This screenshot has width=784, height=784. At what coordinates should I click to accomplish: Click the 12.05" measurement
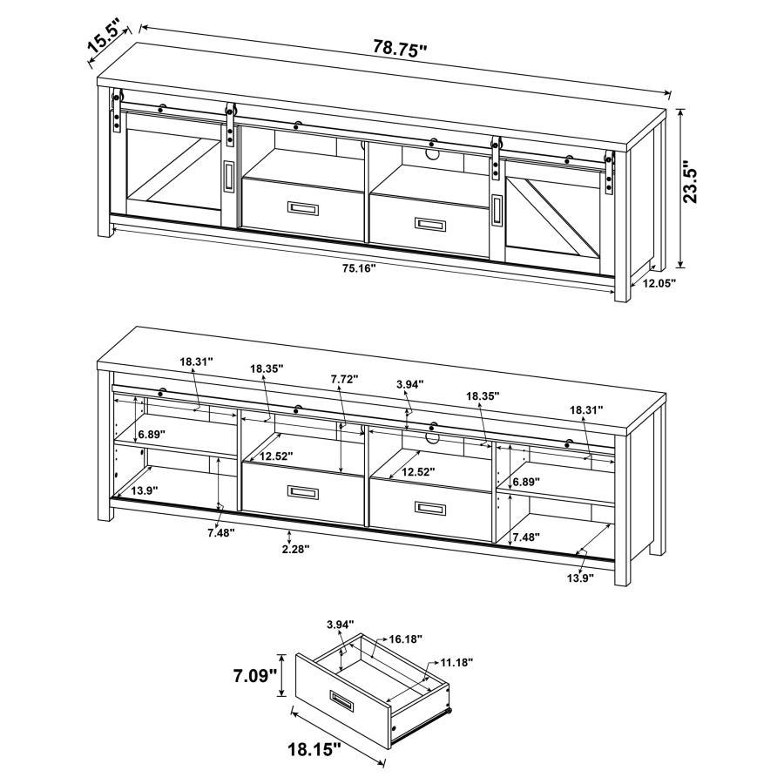coord(659,283)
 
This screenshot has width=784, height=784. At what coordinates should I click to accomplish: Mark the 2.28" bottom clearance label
coord(294,549)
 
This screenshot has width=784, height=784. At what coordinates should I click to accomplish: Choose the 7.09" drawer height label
coord(254,674)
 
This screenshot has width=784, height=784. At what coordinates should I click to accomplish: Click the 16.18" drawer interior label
coord(405,639)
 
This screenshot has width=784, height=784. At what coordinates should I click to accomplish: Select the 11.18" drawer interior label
coord(456,663)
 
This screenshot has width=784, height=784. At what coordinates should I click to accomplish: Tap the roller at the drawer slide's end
coord(450,711)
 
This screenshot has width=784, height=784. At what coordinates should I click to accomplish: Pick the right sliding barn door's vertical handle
coord(497,210)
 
